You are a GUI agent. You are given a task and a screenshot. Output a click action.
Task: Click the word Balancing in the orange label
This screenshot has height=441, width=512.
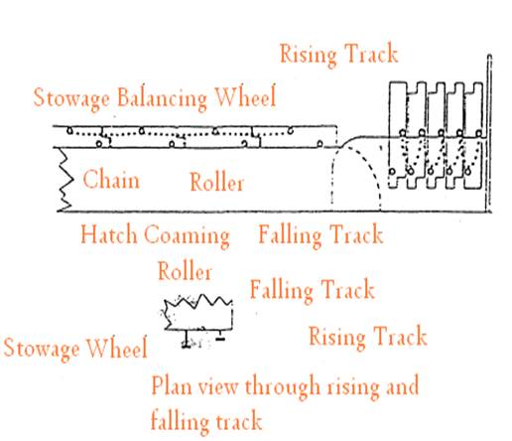point(162,98)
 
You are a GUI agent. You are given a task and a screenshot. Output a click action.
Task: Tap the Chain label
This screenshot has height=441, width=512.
point(111,180)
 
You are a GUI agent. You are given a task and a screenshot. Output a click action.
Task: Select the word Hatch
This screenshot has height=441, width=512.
point(109,234)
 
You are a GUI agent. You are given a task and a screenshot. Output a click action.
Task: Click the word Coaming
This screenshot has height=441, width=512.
point(187,235)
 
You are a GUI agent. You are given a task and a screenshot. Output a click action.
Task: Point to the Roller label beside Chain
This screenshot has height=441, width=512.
point(217,182)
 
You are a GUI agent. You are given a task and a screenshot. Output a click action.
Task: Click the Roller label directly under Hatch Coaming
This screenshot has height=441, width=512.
point(185,271)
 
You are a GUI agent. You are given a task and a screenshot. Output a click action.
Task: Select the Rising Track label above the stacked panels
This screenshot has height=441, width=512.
point(338,54)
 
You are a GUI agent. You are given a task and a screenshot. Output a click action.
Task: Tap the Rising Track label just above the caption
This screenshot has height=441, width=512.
point(368,337)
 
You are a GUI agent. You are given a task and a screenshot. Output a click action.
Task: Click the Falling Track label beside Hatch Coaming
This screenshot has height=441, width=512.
point(320,234)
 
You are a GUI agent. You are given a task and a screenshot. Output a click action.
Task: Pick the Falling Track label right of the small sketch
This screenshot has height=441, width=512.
point(312,290)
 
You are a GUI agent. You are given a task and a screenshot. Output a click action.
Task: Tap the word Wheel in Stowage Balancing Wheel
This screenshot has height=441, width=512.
point(245,96)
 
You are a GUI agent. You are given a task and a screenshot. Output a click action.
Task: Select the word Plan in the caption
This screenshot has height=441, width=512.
point(172,385)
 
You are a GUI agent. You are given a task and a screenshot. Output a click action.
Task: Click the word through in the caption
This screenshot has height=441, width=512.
point(283,386)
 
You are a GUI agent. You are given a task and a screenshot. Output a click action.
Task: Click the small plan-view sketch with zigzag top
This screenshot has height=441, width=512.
point(198,318)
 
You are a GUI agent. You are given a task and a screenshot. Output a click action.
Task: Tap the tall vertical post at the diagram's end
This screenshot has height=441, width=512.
point(489,133)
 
